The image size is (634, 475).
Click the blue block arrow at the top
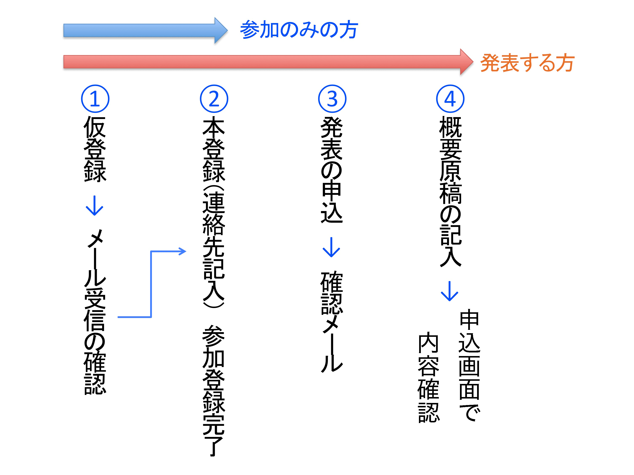[x=145, y=30]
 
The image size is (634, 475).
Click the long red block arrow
[x=268, y=62]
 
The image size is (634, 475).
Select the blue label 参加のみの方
[x=299, y=30]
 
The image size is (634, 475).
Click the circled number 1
[x=95, y=99]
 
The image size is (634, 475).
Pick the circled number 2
[x=214, y=99]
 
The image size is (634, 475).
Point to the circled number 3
[x=332, y=99]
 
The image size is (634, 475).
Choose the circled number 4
[x=450, y=99]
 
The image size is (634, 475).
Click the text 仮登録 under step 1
[x=95, y=149]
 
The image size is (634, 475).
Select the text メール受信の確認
[x=95, y=312]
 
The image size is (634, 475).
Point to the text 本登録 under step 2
[x=214, y=149]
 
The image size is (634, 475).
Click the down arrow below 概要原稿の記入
[x=449, y=291]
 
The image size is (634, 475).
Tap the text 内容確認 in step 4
[x=428, y=377]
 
